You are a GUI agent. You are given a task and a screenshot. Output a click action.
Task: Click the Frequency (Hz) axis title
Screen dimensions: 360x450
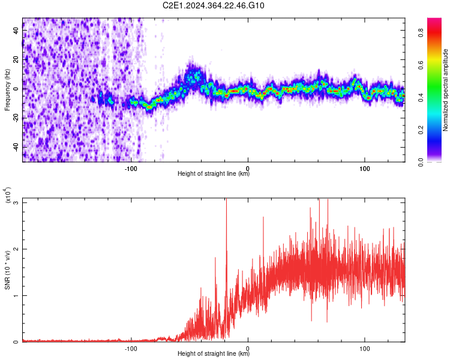coord(7,89)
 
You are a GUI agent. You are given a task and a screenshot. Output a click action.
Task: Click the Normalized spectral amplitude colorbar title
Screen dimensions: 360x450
coord(445,90)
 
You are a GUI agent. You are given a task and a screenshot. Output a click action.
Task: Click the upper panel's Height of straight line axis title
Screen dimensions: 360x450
coord(214,173)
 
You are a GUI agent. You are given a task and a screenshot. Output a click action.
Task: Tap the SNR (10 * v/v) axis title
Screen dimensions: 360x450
coord(7,269)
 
